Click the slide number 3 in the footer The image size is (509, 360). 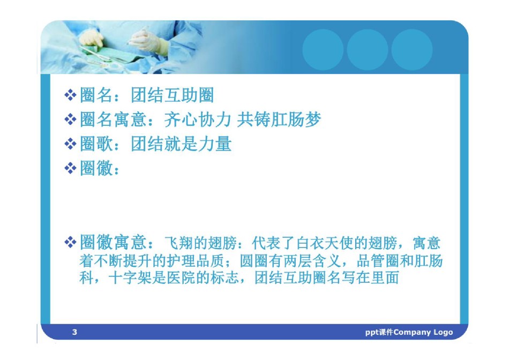74,332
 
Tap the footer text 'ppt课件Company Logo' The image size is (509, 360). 409,332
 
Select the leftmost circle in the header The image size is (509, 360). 323,50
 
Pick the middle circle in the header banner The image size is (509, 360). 367,50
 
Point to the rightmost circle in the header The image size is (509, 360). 411,50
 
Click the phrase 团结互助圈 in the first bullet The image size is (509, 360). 173,95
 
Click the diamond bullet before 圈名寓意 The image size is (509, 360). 70,119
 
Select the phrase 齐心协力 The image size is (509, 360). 197,119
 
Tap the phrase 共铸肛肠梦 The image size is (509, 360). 279,119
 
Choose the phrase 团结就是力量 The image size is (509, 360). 181,144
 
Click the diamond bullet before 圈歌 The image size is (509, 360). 70,144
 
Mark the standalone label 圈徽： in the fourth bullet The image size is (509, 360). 100,168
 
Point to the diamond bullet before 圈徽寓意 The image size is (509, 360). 70,242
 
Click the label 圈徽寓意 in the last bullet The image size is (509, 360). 113,242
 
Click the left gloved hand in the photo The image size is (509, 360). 91,39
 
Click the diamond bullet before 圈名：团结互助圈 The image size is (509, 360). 70,95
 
